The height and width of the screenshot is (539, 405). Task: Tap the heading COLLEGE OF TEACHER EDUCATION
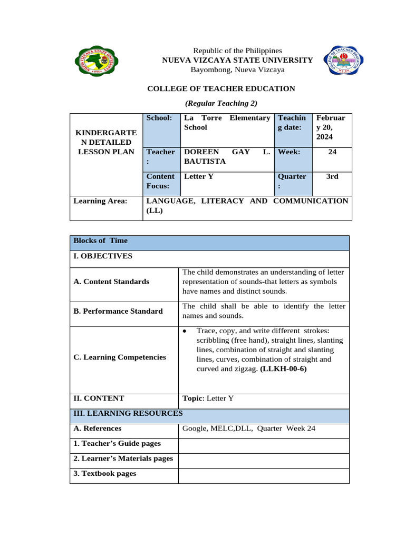[x=221, y=89]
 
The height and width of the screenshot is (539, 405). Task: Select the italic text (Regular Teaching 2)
[x=221, y=103]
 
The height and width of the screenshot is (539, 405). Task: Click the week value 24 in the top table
[x=332, y=152]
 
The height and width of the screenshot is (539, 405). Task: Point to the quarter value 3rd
[x=332, y=177]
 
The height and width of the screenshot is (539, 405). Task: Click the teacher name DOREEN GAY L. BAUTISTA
[x=227, y=156]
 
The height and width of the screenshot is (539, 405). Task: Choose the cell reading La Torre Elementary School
[x=227, y=123]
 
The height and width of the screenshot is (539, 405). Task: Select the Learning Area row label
[x=101, y=201]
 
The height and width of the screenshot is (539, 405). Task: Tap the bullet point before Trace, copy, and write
[x=185, y=331]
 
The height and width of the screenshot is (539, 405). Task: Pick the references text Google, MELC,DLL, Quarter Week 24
[x=249, y=428]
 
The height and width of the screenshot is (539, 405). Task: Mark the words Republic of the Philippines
[x=237, y=50]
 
